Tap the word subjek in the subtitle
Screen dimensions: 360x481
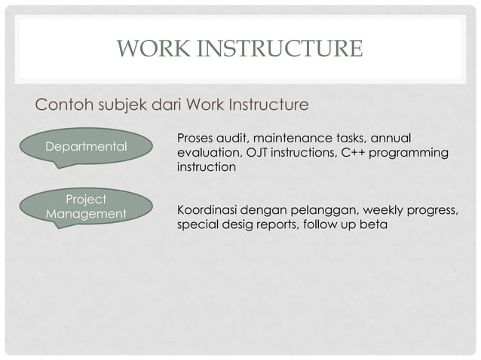tap(122, 104)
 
